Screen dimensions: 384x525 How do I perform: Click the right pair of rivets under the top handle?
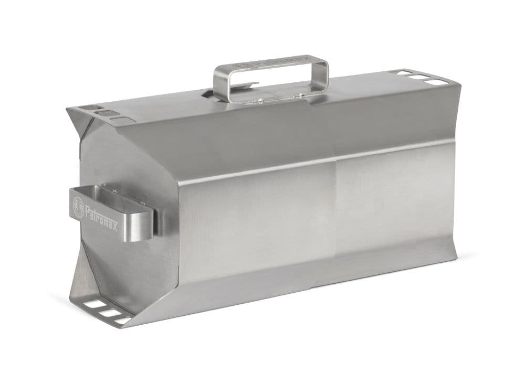click(297, 95)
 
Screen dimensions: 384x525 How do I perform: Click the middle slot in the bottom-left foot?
click(109, 313)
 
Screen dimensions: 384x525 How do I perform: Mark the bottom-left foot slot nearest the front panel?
click(124, 319)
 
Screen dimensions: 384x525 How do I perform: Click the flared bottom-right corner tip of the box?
click(455, 257)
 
